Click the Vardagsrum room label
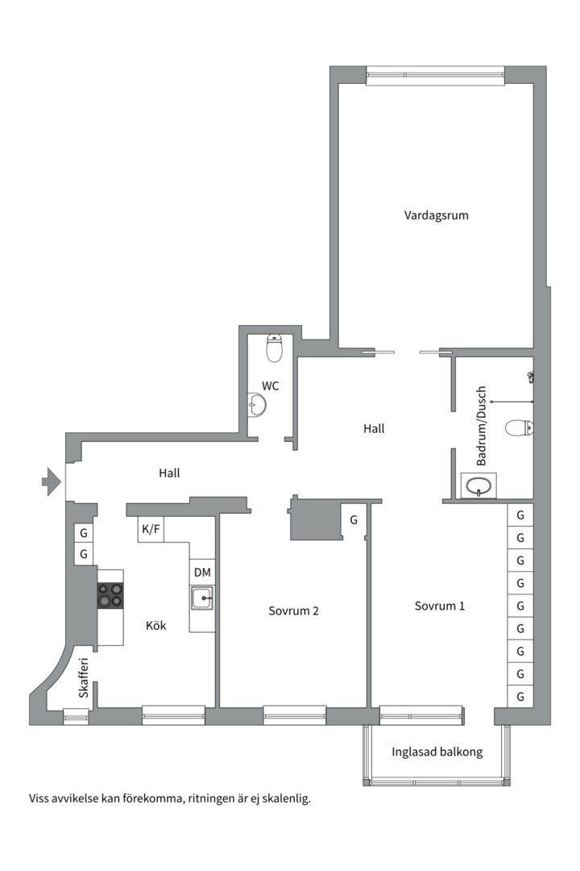click(x=436, y=215)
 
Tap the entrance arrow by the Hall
click(x=51, y=481)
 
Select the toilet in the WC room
click(x=275, y=348)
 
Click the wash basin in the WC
click(x=256, y=405)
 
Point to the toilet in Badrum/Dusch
click(x=519, y=428)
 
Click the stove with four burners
click(x=110, y=595)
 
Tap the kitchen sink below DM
click(x=202, y=598)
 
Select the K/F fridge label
click(x=151, y=529)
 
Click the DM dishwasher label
click(x=202, y=572)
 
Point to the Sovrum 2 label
click(x=293, y=611)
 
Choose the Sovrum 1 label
click(x=440, y=606)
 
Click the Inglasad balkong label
click(x=437, y=752)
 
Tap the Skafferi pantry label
click(x=84, y=677)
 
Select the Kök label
click(x=156, y=626)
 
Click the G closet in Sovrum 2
click(x=354, y=520)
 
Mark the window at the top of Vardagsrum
click(x=436, y=76)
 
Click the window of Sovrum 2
click(x=294, y=715)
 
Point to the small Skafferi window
click(x=72, y=717)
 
